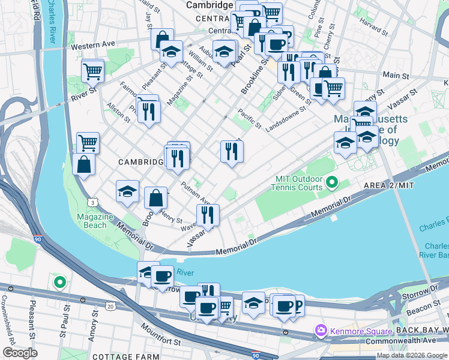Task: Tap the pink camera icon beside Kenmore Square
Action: click(321, 330)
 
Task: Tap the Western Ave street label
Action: click(92, 45)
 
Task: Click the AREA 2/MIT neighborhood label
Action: click(389, 186)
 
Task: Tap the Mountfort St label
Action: click(160, 335)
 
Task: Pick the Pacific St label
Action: click(249, 118)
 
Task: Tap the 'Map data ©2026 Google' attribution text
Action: click(411, 355)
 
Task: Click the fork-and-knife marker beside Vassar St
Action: click(208, 215)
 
